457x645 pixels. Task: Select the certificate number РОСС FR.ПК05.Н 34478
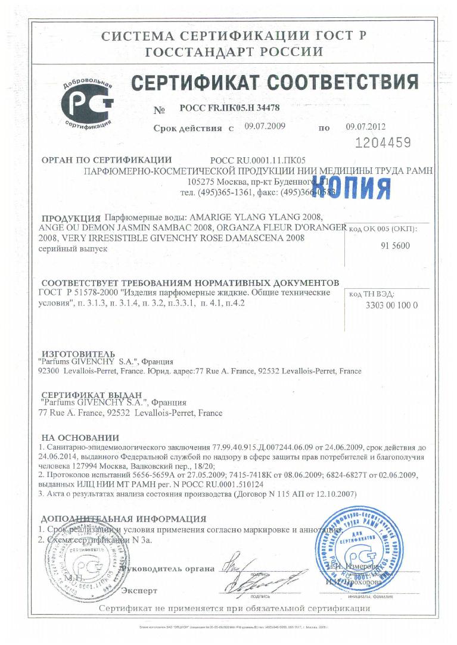pos(225,108)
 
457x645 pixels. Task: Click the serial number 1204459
pos(383,142)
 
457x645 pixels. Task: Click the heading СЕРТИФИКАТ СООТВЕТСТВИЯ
pos(274,83)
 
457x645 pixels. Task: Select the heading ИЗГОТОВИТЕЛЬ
pos(76,354)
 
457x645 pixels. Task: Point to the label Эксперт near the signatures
pos(139,590)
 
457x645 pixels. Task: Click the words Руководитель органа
pos(168,569)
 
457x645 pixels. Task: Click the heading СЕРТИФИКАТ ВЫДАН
pos(91,395)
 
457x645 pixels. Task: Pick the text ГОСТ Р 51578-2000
pos(77,292)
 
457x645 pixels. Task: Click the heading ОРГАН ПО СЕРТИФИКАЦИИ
pos(107,160)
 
